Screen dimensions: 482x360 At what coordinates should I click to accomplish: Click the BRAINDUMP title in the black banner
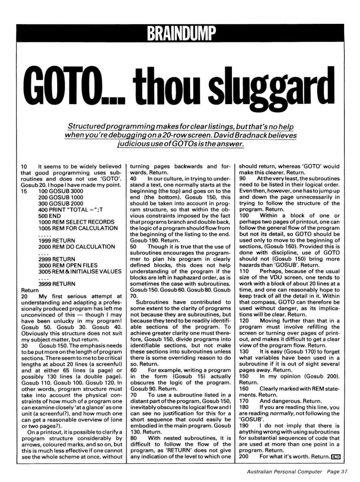(180, 33)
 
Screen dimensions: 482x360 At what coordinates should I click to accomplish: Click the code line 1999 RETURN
(57, 240)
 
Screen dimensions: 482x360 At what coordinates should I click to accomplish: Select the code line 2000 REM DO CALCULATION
(77, 247)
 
